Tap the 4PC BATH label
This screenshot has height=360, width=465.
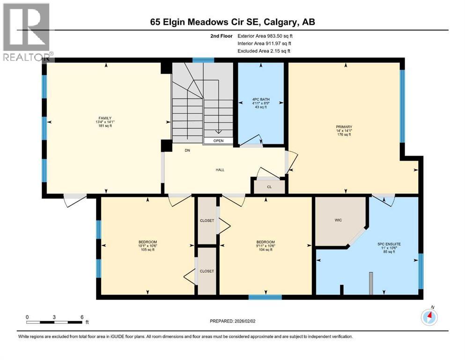[x=260, y=99]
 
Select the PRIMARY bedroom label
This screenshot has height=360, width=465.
[x=344, y=127]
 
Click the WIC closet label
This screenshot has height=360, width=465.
[x=340, y=220]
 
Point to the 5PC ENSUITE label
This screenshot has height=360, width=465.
[x=389, y=244]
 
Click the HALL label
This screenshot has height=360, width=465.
[x=220, y=170]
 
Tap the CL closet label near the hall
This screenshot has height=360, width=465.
[x=269, y=187]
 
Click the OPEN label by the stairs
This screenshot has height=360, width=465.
[x=218, y=141]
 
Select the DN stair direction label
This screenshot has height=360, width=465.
[x=187, y=150]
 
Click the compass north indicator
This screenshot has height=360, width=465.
[x=429, y=316]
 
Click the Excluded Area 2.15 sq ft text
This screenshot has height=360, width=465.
[x=264, y=51]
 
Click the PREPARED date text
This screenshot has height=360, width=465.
[x=233, y=321]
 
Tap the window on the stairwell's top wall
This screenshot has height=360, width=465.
[x=203, y=60]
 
